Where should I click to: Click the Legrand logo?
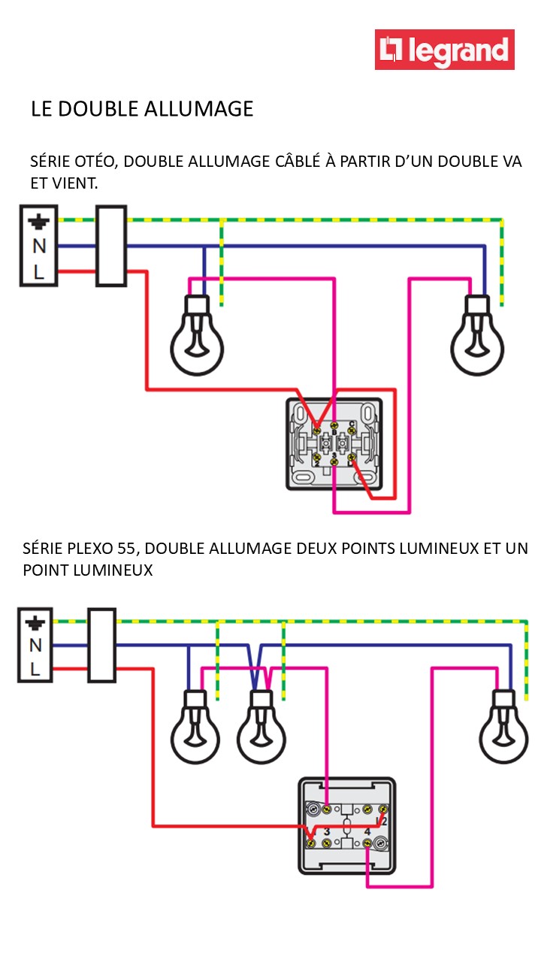[445, 50]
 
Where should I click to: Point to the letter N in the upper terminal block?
[38, 246]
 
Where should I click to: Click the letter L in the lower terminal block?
[35, 668]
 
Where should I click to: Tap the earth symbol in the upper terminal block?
[38, 222]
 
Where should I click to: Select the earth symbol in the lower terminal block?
[35, 622]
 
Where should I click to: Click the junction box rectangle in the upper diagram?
[111, 246]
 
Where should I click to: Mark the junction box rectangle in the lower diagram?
[102, 645]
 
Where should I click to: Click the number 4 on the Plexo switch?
[367, 832]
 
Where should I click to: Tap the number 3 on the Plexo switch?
[327, 832]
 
